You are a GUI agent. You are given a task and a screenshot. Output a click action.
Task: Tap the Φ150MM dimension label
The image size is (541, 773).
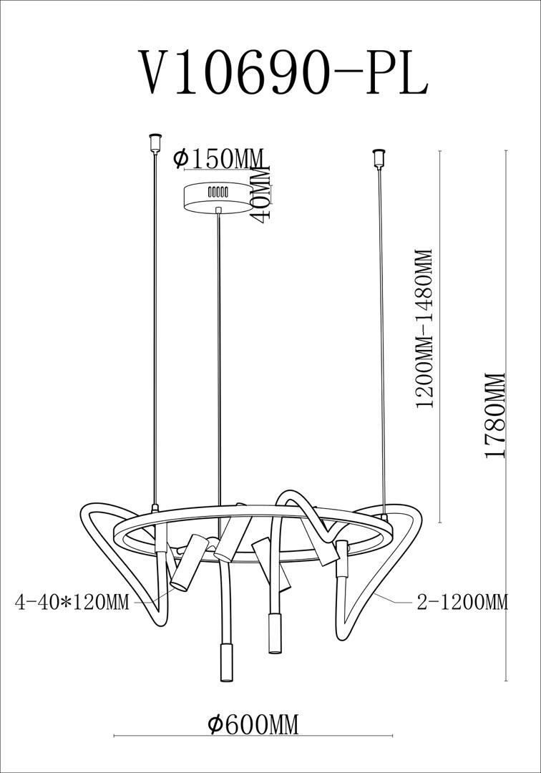219,158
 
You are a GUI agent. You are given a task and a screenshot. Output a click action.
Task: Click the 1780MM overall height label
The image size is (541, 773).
495,415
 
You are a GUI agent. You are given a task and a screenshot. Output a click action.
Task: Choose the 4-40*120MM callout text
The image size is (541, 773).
72,602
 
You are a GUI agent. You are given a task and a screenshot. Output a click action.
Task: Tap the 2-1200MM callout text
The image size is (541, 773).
462,602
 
